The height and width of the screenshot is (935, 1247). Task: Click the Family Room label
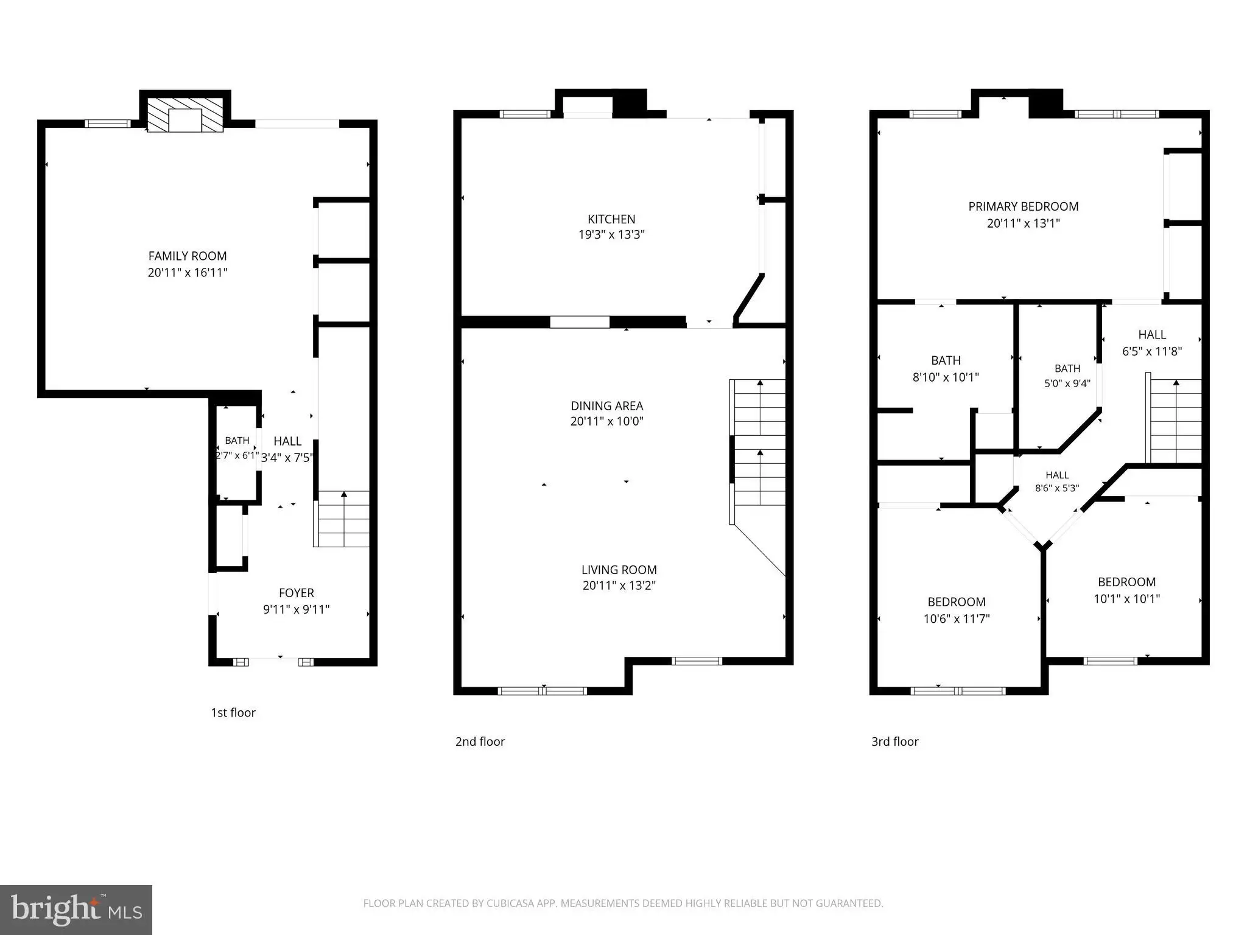[188, 256]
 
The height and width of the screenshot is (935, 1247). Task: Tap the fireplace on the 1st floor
[186, 114]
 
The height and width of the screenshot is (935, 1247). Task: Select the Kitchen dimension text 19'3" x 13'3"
[611, 235]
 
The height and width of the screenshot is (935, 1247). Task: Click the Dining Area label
[607, 406]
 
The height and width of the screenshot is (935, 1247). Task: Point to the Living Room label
[619, 570]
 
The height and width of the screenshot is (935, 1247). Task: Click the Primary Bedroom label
[1024, 207]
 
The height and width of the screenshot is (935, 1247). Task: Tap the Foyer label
[297, 593]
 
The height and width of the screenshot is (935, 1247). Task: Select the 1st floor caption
[233, 713]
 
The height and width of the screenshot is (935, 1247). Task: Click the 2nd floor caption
[480, 742]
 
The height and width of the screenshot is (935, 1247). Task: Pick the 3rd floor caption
[895, 742]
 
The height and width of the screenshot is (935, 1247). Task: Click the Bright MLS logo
[76, 910]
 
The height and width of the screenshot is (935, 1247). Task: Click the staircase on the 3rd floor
[1174, 421]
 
